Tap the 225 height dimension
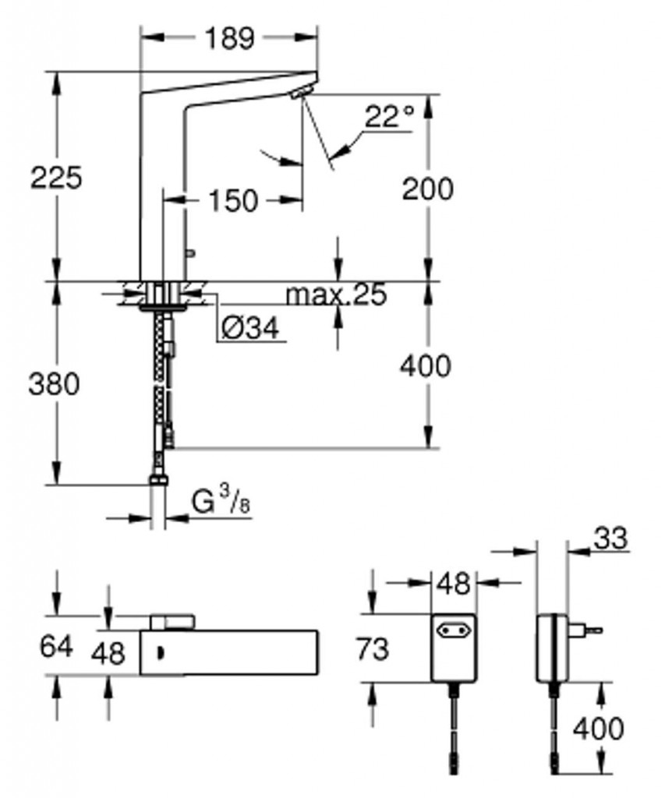click(x=56, y=178)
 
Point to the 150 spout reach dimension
click(x=233, y=200)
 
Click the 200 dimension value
click(x=427, y=189)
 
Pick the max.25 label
click(x=336, y=294)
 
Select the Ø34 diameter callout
click(x=250, y=328)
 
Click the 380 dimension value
click(x=54, y=383)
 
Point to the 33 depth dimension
click(x=610, y=538)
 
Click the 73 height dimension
click(x=372, y=649)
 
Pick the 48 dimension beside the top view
click(x=108, y=654)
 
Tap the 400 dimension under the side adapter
click(x=598, y=729)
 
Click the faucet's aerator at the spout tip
click(x=300, y=93)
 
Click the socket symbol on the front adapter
click(x=451, y=631)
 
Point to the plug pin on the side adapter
click(x=594, y=630)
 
